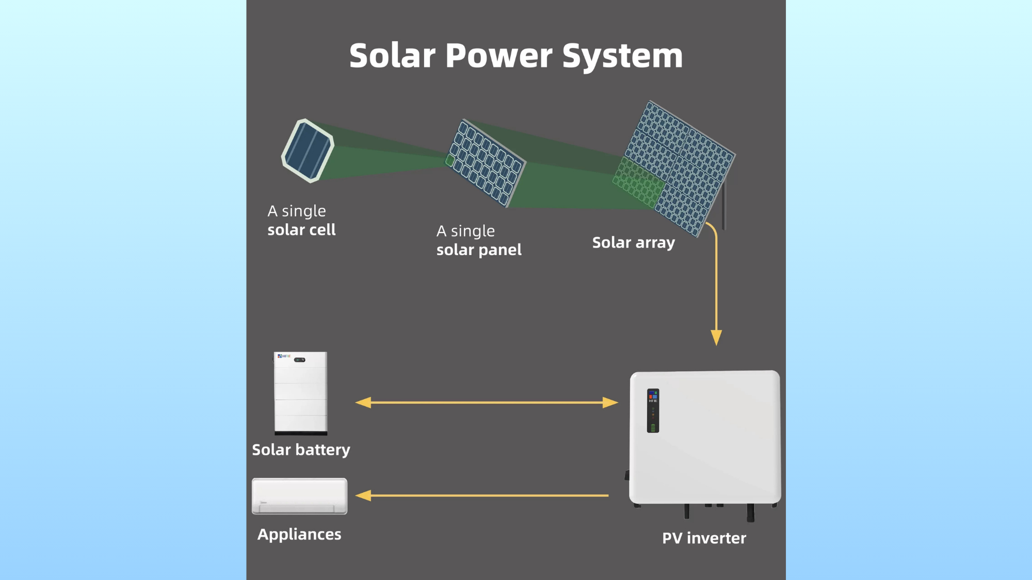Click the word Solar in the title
click(x=392, y=56)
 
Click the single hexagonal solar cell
click(x=308, y=151)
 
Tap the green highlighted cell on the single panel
click(x=450, y=161)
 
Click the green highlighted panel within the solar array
click(x=638, y=183)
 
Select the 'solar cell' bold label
click(x=301, y=230)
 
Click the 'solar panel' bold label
click(x=479, y=250)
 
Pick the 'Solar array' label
click(x=633, y=243)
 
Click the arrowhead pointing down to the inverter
click(x=716, y=337)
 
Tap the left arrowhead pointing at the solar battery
click(x=363, y=403)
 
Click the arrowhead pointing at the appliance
click(x=363, y=495)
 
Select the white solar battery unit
click(x=300, y=393)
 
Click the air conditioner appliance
click(x=299, y=496)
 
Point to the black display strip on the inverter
click(x=653, y=410)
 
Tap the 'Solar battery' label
click(x=301, y=450)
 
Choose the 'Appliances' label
click(x=299, y=535)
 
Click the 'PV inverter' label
click(x=704, y=538)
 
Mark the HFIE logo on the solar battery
click(x=284, y=356)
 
